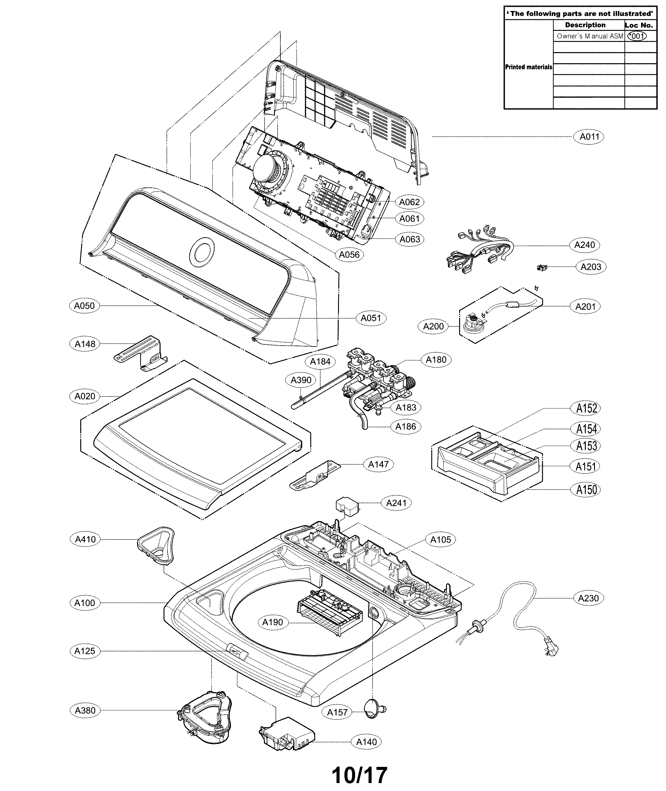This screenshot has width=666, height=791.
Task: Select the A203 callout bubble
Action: coord(590,267)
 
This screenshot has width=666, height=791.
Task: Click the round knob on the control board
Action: coord(269,170)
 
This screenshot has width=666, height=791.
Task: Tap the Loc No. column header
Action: coord(639,25)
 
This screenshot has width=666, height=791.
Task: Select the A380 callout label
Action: coord(85,710)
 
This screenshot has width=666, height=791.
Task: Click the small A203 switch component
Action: coord(542,268)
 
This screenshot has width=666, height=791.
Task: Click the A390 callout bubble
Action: coord(301,380)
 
